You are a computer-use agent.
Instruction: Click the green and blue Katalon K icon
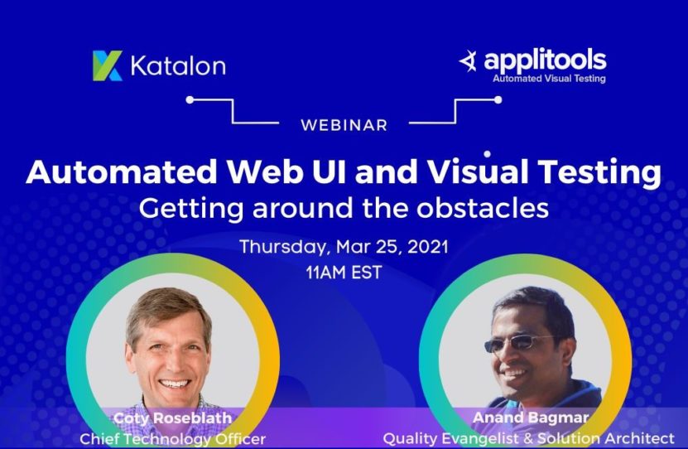108,65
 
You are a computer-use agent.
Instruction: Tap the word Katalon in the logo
175,65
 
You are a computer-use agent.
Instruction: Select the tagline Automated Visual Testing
548,80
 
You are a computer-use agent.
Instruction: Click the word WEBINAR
344,125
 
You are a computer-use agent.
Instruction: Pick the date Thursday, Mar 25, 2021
344,247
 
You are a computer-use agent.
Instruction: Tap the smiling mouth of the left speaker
175,383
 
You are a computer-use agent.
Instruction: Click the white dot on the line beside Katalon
190,99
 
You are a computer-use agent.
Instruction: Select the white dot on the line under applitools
498,99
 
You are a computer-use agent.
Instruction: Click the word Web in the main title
253,172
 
